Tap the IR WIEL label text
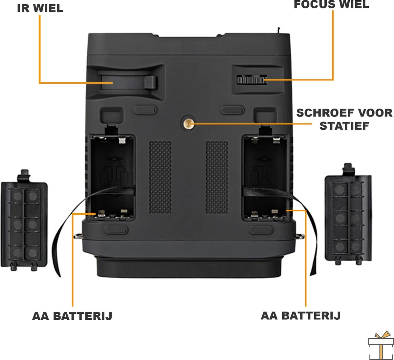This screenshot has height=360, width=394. tap(40, 8)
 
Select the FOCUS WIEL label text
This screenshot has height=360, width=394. tap(331, 5)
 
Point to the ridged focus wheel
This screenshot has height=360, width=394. tap(252, 80)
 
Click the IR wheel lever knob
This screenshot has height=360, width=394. tap(150, 82)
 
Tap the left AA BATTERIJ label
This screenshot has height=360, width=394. tap(72, 316)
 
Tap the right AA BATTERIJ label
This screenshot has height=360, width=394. tap(300, 316)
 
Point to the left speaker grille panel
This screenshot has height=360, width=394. tap(160, 177)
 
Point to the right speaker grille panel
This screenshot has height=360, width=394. tap(217, 177)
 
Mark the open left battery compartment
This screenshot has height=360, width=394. tap(113, 178)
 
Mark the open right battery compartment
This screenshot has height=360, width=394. tap(264, 178)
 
